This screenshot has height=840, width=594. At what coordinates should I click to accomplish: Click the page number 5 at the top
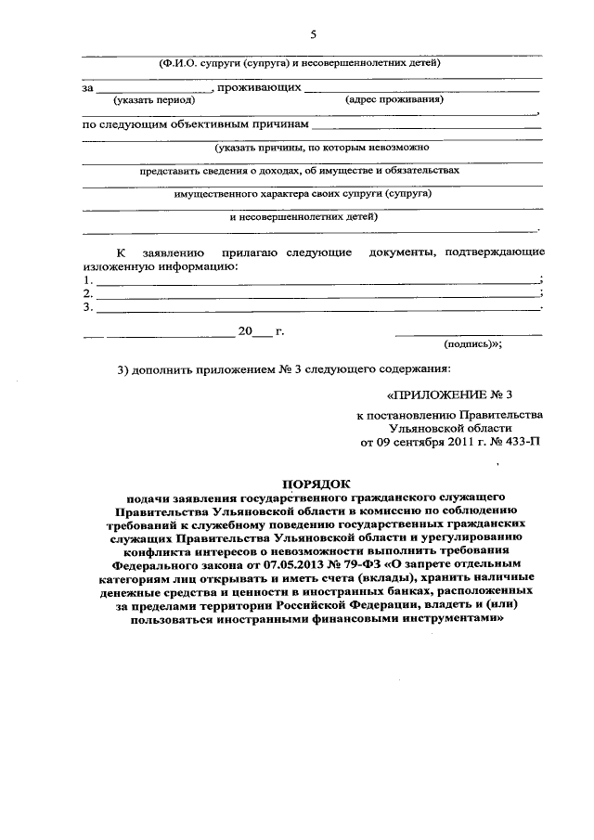click(x=313, y=34)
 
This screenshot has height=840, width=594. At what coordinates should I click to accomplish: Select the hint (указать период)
click(x=147, y=100)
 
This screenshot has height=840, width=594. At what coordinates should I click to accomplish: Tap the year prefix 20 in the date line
click(x=245, y=331)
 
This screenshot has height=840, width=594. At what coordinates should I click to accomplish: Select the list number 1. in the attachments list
click(x=87, y=279)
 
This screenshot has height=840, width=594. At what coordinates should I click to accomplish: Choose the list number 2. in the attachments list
click(x=87, y=292)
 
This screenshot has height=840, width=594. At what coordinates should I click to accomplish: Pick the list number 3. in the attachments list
click(x=87, y=306)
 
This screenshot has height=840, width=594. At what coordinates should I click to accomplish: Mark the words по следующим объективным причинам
click(x=195, y=123)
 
